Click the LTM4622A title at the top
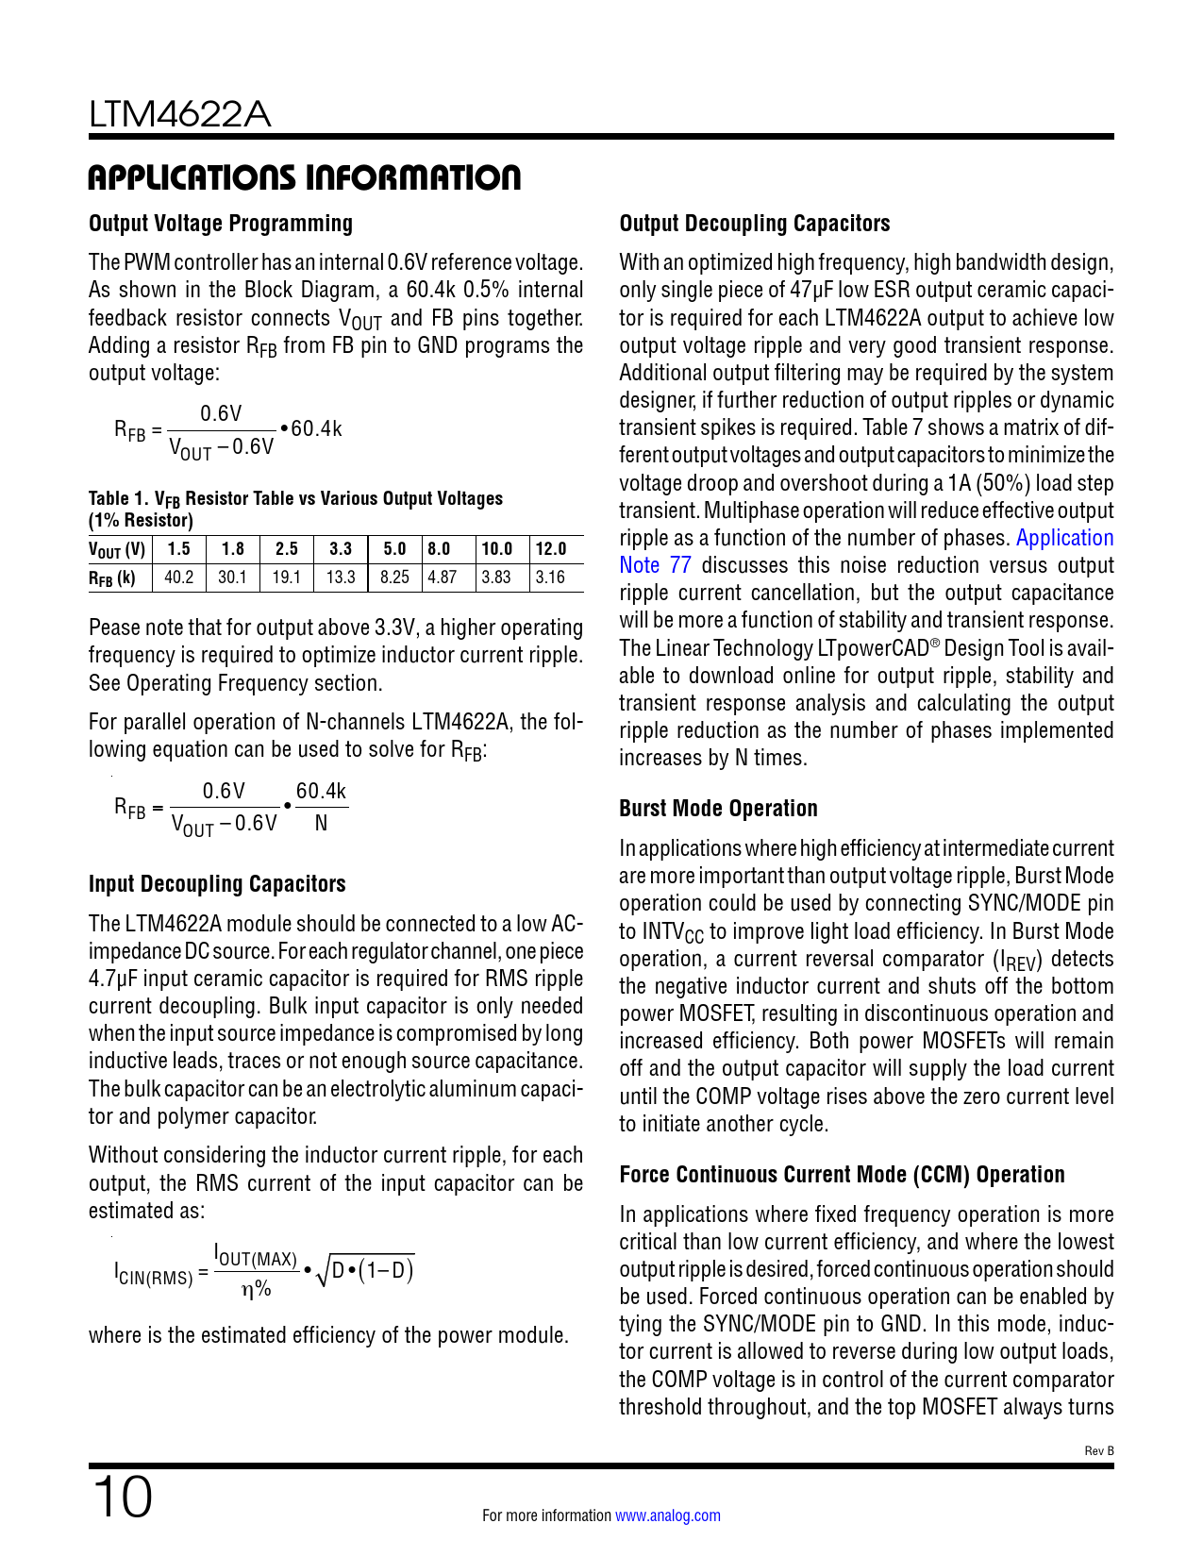180,114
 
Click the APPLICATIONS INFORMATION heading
304,177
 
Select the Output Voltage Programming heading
221,224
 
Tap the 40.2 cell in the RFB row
179,577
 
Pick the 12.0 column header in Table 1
551,549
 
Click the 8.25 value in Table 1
394,577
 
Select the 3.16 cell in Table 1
550,577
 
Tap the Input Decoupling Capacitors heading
217,884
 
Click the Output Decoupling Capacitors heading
755,224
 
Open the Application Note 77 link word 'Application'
1064,538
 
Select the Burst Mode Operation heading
718,809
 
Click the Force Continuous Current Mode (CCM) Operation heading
842,1175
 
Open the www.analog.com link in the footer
668,1515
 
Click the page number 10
122,1498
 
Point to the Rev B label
1099,1450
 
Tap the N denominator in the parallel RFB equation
322,823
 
